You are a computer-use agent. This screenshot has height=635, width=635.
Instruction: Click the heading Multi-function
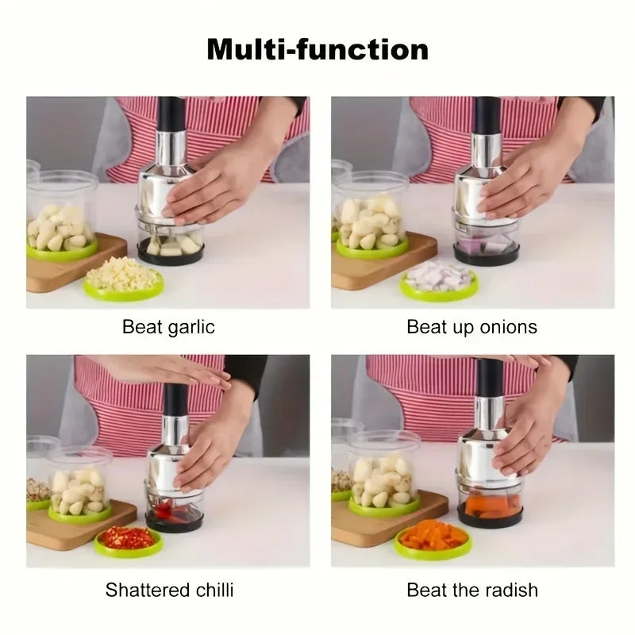[x=317, y=49]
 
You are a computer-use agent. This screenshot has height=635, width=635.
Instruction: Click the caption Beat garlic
[x=168, y=327]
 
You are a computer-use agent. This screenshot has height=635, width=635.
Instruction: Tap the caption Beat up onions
[x=471, y=327]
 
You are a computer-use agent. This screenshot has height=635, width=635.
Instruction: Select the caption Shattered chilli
[x=169, y=590]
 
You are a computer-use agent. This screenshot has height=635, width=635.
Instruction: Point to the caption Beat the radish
[x=471, y=590]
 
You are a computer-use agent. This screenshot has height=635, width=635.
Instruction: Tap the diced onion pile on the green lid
[x=438, y=276]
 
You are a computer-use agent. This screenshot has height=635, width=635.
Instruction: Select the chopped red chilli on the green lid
[x=128, y=537]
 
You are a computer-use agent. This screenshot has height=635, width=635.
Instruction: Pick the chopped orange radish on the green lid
[x=433, y=536]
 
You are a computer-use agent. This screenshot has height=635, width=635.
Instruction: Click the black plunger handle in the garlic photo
[x=171, y=114]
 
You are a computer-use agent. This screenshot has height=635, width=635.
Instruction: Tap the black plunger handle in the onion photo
[x=487, y=114]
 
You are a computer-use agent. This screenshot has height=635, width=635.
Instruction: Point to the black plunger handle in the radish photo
[x=489, y=379]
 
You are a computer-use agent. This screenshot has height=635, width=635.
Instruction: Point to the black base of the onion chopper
[x=486, y=256]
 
